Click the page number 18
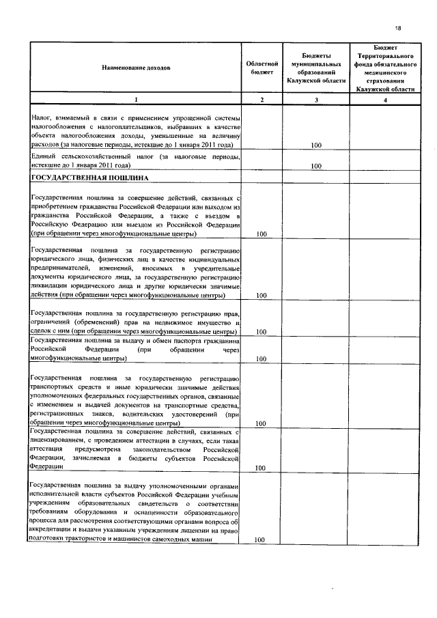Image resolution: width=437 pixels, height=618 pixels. [398, 27]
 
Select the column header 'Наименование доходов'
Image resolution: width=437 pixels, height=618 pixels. [136, 68]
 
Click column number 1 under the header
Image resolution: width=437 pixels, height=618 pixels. [136, 100]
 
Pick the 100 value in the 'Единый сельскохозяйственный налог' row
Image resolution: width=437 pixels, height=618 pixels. [316, 166]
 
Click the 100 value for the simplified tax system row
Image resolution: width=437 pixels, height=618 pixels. [316, 145]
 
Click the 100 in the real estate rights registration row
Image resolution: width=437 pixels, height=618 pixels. [260, 333]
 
